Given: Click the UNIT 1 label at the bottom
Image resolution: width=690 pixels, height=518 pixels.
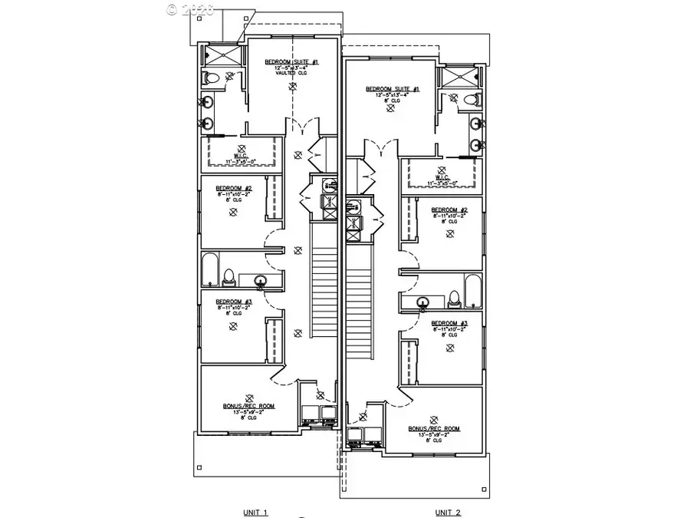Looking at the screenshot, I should [x=254, y=511].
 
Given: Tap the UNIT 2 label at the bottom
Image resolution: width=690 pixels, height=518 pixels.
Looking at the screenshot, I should [x=449, y=511].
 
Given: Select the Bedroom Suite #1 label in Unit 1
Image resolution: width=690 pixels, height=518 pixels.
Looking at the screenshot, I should [x=286, y=61].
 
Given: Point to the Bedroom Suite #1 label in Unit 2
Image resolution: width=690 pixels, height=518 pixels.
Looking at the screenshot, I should [x=393, y=89].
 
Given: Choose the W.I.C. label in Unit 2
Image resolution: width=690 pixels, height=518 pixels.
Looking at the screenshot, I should [x=440, y=178].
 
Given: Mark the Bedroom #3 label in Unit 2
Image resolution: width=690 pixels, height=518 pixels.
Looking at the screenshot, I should [x=449, y=323].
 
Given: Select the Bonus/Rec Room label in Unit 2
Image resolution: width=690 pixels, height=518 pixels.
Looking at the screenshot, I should [x=434, y=428].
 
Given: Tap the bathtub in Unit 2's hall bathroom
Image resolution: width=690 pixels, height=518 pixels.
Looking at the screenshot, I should [x=472, y=294].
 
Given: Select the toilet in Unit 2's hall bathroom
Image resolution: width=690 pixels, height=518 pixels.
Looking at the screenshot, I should [x=453, y=297].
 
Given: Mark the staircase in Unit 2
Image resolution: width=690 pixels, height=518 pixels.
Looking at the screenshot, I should [x=358, y=307].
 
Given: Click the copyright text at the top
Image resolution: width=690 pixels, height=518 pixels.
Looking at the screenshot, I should [x=190, y=9].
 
